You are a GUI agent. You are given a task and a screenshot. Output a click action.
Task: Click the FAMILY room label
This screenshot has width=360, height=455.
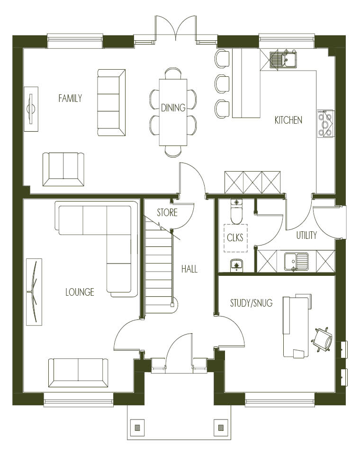point(70,99)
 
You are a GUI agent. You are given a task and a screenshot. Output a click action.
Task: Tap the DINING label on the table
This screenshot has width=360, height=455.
point(173,108)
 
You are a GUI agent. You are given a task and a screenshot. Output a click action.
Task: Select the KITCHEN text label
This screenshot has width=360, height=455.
point(288,120)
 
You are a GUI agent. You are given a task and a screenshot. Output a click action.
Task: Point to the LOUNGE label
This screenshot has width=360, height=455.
point(80,292)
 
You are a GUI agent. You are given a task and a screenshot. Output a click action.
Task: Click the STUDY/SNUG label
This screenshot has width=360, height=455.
point(251,303)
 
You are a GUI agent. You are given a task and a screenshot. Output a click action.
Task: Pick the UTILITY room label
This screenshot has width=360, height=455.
point(306,235)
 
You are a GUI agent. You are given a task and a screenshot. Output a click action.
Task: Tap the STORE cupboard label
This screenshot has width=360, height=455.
point(167,212)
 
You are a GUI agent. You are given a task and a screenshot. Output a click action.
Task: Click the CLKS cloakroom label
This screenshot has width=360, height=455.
point(235,237)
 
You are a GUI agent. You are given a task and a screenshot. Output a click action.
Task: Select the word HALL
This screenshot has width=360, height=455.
point(189,269)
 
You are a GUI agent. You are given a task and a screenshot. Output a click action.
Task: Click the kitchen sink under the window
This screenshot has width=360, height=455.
point(283,60)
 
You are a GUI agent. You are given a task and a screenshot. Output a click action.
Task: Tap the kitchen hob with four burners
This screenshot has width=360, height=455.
point(325,123)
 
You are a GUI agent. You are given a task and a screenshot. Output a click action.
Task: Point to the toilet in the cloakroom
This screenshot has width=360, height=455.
point(236,211)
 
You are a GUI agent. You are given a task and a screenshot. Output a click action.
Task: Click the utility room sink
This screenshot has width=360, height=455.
point(296,261)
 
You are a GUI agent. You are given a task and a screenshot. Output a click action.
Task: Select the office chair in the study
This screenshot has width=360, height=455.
point(322,339)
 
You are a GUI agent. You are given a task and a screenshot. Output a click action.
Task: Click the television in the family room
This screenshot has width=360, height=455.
point(31,109)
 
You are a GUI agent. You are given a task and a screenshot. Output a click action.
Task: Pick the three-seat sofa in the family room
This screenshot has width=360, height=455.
point(111,102)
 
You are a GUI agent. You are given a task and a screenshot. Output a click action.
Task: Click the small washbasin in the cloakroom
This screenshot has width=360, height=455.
point(237,265)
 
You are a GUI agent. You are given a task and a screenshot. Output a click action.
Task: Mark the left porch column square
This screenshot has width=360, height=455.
point(137,428)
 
